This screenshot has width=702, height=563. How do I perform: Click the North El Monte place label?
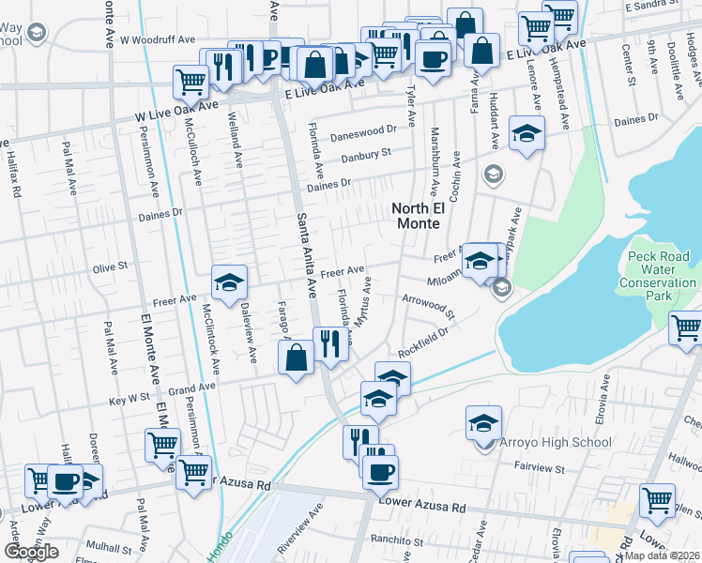point(415,214)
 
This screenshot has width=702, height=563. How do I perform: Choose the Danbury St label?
point(365,159)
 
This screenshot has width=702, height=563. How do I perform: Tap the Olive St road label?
point(109,267)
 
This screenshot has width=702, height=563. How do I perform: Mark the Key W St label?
point(130,400)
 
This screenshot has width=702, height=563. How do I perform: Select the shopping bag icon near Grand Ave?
point(297,357)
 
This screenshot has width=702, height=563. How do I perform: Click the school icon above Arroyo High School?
point(484,420)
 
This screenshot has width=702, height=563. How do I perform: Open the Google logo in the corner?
point(31,552)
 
